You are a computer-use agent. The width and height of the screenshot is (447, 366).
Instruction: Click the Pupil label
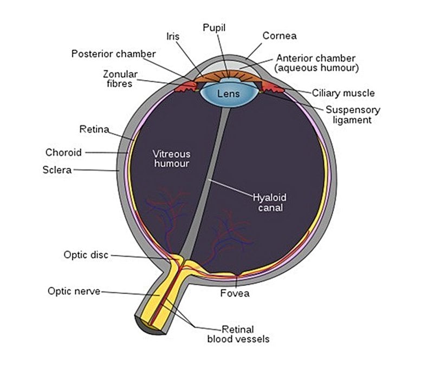[214, 27]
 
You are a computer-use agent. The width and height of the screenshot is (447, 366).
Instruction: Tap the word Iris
[173, 37]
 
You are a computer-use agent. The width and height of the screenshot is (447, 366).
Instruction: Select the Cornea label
[278, 36]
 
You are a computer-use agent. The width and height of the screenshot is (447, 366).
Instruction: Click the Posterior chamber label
[113, 54]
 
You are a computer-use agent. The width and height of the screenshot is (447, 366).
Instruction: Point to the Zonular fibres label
[120, 79]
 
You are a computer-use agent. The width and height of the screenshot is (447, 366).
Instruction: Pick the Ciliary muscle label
[343, 93]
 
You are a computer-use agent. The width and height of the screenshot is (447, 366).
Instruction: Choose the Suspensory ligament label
[353, 115]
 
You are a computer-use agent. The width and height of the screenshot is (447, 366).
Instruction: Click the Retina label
[94, 129]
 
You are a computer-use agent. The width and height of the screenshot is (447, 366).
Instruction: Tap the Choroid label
[63, 152]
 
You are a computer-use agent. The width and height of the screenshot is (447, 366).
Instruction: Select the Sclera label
[57, 170]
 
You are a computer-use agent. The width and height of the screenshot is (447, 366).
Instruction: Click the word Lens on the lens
[228, 94]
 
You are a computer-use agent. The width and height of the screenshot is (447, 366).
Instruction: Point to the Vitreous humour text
[171, 158]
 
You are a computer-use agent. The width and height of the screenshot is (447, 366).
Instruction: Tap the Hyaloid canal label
[270, 202]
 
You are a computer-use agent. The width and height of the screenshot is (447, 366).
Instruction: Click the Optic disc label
[86, 254]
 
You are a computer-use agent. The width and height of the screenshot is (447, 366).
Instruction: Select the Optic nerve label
[74, 291]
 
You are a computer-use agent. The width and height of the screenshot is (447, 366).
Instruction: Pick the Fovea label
[235, 293]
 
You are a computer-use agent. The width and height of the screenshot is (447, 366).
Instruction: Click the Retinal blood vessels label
[238, 334]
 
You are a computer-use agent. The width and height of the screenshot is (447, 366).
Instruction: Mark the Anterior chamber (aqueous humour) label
[315, 63]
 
